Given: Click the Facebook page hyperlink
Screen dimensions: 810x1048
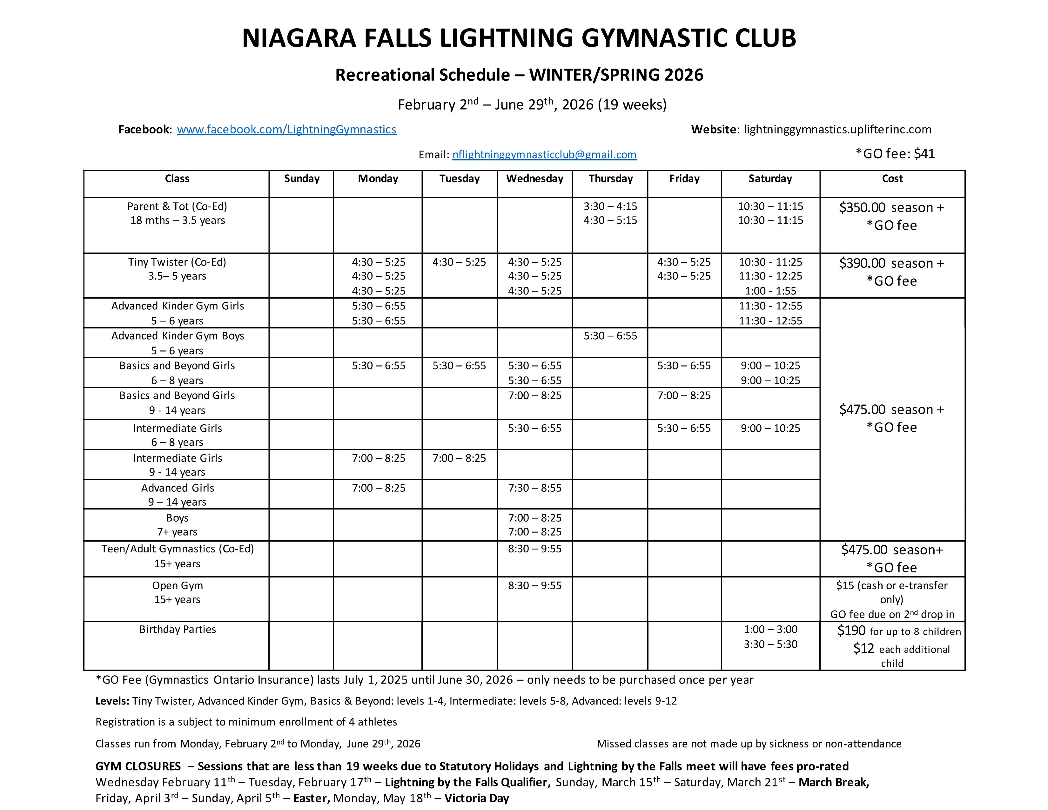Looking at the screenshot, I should [286, 130].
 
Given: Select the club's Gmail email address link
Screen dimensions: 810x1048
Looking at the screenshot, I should [544, 154].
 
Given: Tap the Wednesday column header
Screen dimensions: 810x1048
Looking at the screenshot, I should [534, 179].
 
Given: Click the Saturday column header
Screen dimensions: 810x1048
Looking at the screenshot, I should [770, 179].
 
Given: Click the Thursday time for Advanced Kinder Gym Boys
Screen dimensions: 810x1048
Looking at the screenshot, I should [610, 336].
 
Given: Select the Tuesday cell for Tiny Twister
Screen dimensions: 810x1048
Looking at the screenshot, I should [459, 262].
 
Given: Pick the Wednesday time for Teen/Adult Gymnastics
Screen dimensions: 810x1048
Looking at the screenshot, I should [534, 549].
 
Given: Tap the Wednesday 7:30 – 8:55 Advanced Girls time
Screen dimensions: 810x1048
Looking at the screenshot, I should [534, 488].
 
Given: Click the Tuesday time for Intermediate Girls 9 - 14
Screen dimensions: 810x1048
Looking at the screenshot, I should [459, 458].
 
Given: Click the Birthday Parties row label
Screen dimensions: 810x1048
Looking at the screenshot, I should [178, 630].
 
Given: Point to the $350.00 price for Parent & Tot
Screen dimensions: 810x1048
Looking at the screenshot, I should [862, 208].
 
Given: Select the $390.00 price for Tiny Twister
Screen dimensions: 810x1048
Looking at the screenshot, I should [862, 263].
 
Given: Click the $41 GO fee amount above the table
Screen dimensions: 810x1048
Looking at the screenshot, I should [924, 154].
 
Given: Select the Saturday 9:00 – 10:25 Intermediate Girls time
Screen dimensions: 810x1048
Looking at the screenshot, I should [770, 429].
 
